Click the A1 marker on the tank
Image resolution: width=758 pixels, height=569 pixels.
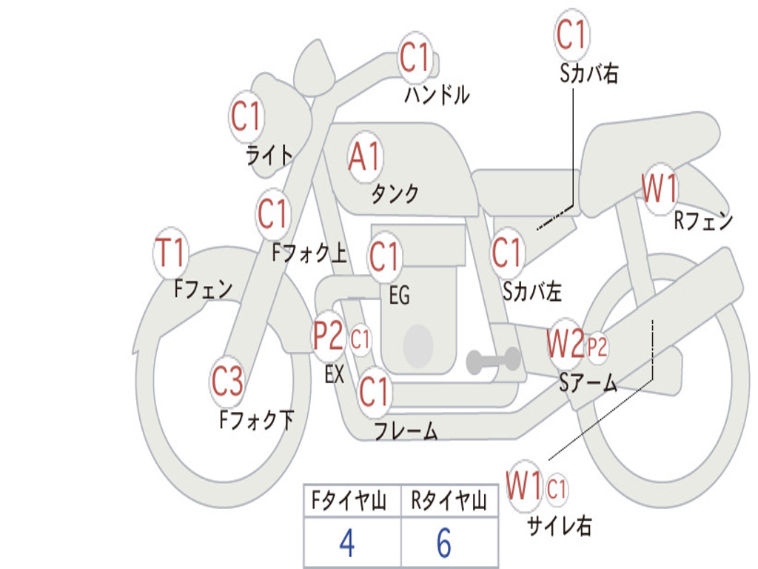pos(364,157)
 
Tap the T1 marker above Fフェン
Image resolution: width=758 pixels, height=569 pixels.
pos(170,253)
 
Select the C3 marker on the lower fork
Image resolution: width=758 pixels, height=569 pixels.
pos(227,382)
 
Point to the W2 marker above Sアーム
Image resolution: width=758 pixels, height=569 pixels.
pos(565,342)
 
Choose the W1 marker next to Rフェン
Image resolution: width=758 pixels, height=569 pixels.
pos(659,189)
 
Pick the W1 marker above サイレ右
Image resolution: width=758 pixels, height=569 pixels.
pos(524,487)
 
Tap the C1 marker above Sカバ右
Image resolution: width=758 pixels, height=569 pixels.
pos(571,34)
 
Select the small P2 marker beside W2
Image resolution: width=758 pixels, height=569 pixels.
pos(597,346)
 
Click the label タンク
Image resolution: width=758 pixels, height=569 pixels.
pos(395,194)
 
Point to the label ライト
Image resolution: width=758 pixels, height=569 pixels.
pos(269,156)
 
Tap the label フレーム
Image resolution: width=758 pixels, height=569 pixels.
pos(406,431)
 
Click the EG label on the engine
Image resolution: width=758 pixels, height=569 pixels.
pos(399,296)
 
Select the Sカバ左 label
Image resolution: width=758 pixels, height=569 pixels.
pos(532,292)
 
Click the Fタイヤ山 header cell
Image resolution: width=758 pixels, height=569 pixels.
pos(351,502)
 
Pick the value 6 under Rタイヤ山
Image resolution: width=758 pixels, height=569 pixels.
pos(444,544)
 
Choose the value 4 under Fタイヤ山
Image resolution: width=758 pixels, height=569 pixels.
pos(346,544)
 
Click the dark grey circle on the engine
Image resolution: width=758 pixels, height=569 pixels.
pos(418,345)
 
